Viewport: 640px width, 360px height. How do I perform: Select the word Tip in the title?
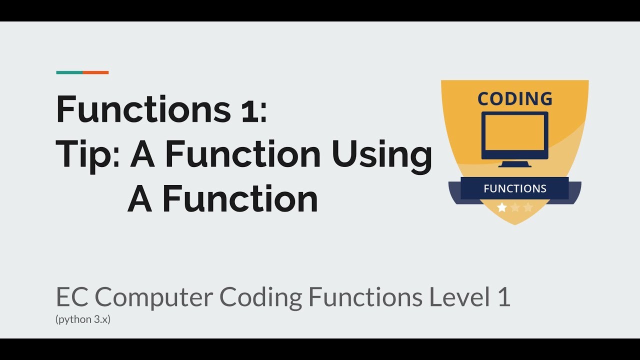tap(85, 155)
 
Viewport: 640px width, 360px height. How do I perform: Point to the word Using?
tap(381, 155)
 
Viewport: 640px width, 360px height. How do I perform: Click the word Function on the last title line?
tap(240, 199)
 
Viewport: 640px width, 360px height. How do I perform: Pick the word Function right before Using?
tap(243, 155)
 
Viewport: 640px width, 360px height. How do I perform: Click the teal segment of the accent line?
tap(69, 72)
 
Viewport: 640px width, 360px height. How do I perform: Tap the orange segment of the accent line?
tap(95, 72)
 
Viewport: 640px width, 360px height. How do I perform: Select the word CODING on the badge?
tap(515, 99)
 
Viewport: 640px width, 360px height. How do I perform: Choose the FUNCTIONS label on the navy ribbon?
tap(515, 188)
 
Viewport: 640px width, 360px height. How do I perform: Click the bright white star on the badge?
tap(502, 207)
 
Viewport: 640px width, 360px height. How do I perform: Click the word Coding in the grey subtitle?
tap(260, 297)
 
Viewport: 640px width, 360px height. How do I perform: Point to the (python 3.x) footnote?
tap(83, 319)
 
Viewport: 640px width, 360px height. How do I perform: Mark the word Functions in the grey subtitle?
tap(364, 297)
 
